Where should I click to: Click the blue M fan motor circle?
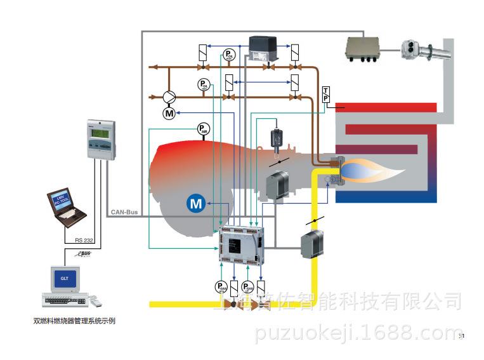(x=197, y=203)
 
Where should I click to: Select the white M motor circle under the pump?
(x=169, y=113)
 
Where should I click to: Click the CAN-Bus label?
(x=124, y=212)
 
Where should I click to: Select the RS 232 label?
(x=84, y=240)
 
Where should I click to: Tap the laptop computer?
(x=66, y=207)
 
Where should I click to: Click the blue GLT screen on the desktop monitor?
(x=64, y=277)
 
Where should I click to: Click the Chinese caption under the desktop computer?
(x=74, y=321)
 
